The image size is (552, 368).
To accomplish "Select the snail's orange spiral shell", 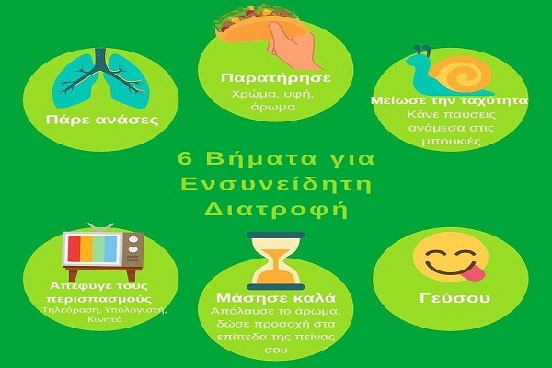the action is (461, 74).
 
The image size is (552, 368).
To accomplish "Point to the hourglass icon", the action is (276, 260).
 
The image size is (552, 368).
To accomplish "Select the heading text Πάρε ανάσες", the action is (102, 121).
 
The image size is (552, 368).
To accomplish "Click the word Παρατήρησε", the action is (276, 78).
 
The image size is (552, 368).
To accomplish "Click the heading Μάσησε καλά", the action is (276, 298).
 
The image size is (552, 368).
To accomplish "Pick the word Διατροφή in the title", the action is (276, 210).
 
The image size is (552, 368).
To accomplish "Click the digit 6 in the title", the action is (185, 159).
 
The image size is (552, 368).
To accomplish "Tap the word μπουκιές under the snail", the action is (452, 141).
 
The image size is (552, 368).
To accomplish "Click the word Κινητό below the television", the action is (105, 320).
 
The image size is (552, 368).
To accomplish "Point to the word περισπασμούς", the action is (99, 300).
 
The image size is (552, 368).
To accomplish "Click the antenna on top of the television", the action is (100, 226).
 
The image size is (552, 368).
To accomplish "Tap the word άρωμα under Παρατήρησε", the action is (273, 108).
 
